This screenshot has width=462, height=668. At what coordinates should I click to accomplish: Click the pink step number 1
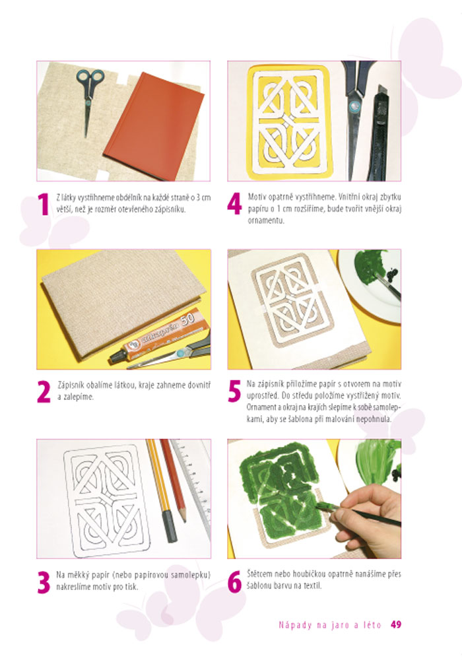[x=44, y=205]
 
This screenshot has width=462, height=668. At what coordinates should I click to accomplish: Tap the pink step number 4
[x=234, y=204]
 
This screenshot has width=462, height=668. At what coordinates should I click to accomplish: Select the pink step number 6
[x=234, y=582]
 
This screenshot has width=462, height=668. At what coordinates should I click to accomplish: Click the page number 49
[x=395, y=624]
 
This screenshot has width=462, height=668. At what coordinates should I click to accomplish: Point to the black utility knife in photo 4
[x=380, y=132]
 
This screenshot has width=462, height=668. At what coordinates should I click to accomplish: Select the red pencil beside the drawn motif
[x=173, y=481]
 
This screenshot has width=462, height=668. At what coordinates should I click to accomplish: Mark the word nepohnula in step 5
[x=374, y=418]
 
